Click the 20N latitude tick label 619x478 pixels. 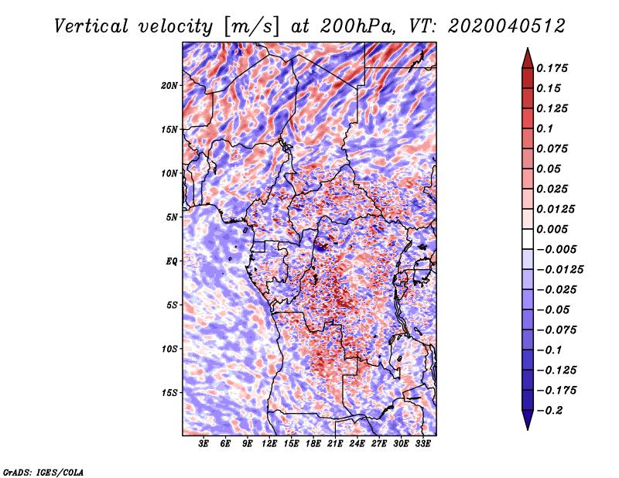click(169, 86)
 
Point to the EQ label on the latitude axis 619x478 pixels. click(172, 261)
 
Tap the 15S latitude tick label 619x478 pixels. click(169, 393)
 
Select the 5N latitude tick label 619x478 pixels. click(172, 217)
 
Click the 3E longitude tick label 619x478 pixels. click(203, 444)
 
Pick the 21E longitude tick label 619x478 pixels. click(335, 444)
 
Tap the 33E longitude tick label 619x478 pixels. click(422, 444)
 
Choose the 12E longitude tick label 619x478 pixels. click(269, 444)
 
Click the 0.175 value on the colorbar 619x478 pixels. click(552, 68)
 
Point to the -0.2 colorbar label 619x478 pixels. click(550, 411)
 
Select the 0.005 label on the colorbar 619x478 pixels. click(552, 229)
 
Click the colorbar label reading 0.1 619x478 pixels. click(545, 128)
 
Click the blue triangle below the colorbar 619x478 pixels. click(528, 420)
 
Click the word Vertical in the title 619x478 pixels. click(91, 26)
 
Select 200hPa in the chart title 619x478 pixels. click(357, 26)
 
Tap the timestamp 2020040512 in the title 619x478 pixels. click(507, 26)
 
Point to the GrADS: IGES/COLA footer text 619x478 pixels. click(43, 473)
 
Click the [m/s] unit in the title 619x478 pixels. click(251, 26)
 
